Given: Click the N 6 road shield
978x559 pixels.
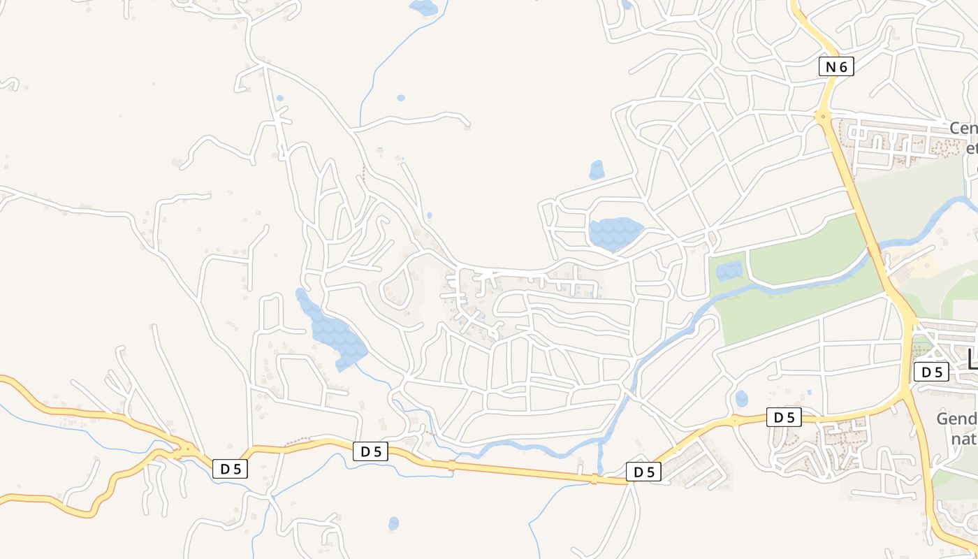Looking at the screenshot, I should (x=836, y=67).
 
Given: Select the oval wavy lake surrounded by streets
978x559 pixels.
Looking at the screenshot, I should (x=615, y=233).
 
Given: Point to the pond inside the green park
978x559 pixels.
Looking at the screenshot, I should (x=729, y=270).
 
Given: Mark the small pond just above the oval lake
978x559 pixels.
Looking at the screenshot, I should (x=597, y=170).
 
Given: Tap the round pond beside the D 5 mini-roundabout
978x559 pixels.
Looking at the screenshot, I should (x=741, y=399).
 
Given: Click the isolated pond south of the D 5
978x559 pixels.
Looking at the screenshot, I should (x=393, y=523).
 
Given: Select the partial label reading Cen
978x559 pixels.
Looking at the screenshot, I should (x=963, y=129).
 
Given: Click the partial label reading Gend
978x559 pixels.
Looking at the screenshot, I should (x=956, y=419).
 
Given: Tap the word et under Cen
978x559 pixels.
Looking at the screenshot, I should (x=971, y=149).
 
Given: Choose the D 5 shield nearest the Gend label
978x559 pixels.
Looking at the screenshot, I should (x=931, y=372).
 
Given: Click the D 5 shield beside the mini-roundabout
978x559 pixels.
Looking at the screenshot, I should (x=784, y=418).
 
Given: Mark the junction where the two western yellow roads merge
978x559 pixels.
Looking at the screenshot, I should (x=185, y=451).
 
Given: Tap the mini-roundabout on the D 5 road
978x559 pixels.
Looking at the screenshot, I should (x=734, y=421).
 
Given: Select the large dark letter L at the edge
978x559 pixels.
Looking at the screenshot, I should (x=972, y=360).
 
